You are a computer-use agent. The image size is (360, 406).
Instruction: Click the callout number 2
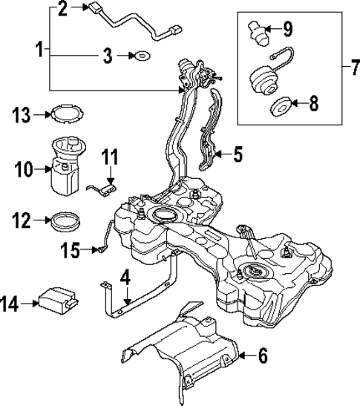(62, 9)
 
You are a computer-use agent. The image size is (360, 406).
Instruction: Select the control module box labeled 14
(59, 301)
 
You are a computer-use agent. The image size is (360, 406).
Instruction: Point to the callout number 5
(238, 154)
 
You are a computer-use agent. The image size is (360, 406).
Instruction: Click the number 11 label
(110, 157)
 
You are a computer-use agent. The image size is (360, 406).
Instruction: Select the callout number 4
(125, 278)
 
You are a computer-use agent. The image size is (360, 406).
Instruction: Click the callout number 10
(22, 170)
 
